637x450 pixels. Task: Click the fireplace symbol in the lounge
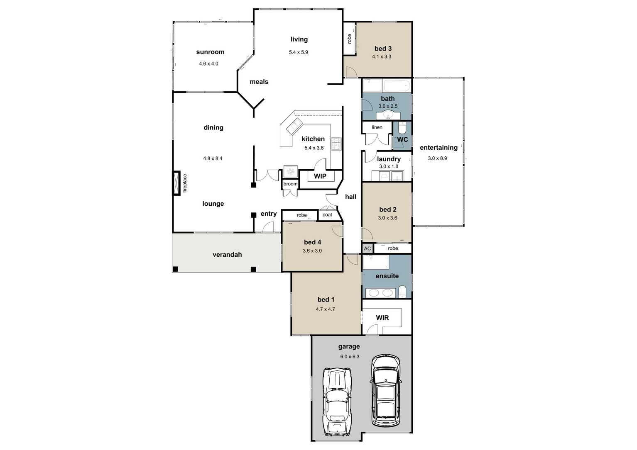[x=176, y=183]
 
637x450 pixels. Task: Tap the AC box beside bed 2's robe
[x=367, y=248]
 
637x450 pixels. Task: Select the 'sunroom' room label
[x=210, y=52]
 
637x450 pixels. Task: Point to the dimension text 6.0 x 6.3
[x=350, y=357]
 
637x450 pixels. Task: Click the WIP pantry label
[x=320, y=176]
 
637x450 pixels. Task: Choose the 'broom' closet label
[x=290, y=184]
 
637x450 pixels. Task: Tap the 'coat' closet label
[x=327, y=215]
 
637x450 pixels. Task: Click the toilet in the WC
[x=402, y=128]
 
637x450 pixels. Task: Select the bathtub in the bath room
[x=397, y=85]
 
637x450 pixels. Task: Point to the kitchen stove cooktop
[x=336, y=144]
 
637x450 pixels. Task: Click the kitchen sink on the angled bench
[x=294, y=126]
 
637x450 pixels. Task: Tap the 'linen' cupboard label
[x=377, y=127]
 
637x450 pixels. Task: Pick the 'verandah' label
[x=227, y=255]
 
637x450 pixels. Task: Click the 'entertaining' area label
[x=439, y=148]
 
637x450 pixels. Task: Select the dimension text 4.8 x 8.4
[x=213, y=158]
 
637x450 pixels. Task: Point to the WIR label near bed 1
[x=382, y=318]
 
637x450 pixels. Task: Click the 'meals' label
[x=259, y=82]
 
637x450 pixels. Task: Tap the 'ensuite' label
[x=387, y=276]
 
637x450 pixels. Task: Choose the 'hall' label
[x=350, y=197]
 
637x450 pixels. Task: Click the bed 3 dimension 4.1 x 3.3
[x=382, y=56]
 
